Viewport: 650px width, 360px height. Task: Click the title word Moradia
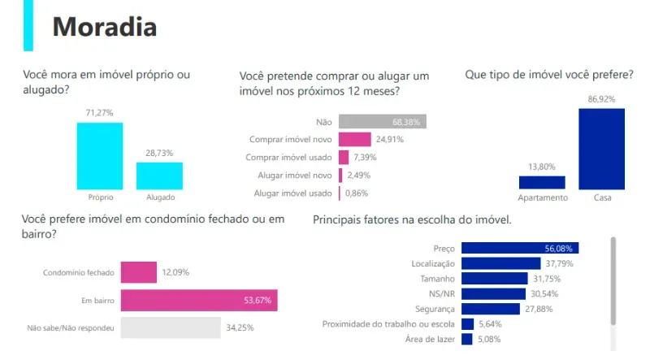104,27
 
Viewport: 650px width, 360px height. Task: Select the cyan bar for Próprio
100,155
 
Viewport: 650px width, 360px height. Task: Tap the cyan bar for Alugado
159,176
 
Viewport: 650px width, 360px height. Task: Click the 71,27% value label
100,112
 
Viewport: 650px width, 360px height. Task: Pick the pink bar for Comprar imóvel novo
355,139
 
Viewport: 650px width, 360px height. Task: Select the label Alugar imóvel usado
293,193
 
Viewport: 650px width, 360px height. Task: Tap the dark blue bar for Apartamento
542,182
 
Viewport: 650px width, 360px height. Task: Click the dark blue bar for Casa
602,149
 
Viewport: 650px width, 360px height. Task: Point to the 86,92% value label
602,98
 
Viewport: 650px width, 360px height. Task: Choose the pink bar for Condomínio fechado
139,271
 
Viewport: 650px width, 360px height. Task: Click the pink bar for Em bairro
199,301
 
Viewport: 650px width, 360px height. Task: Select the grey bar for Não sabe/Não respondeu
171,328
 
